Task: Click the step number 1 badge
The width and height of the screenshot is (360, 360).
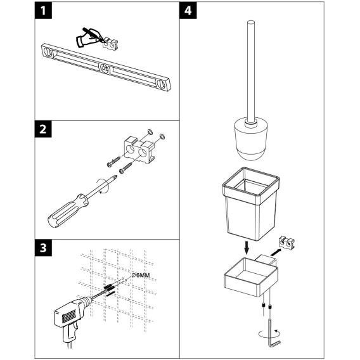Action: pos(43,10)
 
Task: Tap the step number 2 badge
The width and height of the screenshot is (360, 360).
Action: pos(43,129)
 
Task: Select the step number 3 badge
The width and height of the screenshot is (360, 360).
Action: pos(43,248)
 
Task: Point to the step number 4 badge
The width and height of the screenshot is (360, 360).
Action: pos(188,10)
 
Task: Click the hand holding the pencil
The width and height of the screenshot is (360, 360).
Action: pos(87,37)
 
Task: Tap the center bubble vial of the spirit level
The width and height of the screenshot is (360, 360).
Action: pos(105,68)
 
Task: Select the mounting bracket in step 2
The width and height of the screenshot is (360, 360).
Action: pos(139,149)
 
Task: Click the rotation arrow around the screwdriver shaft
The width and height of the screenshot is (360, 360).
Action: pos(104,186)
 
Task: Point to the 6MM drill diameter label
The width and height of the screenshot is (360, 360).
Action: pos(141,275)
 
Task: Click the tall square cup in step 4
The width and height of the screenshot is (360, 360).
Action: pos(251,204)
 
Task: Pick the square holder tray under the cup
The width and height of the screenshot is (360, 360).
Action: pos(251,277)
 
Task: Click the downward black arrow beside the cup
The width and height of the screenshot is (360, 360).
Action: pos(247,247)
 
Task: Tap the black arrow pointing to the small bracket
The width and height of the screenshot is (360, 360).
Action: pos(276,252)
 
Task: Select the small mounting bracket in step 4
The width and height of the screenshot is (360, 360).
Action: pos(286,243)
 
